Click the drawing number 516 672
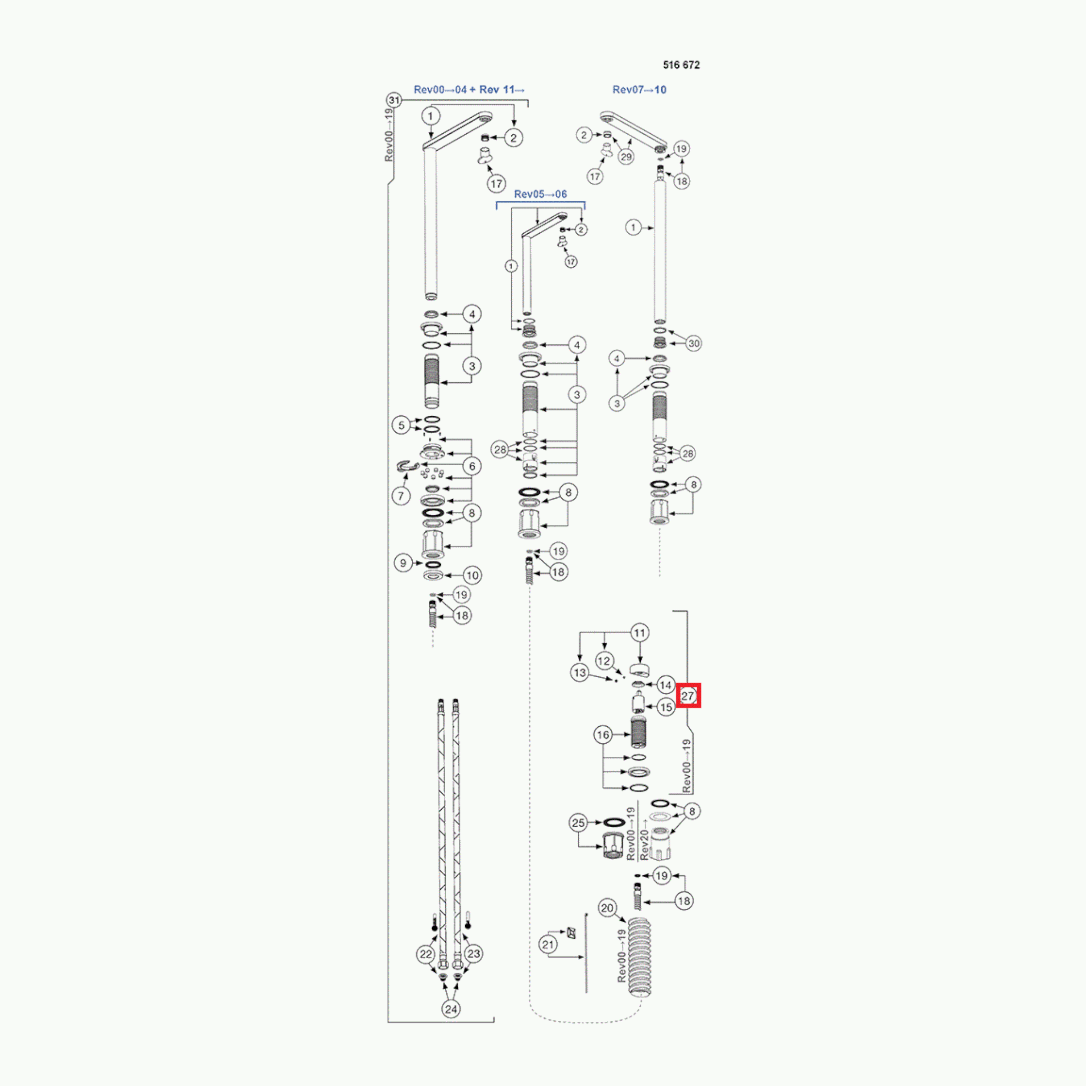click(681, 65)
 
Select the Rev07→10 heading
click(639, 90)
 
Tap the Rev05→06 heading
click(540, 195)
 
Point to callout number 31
click(394, 101)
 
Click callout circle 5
click(401, 425)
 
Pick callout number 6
click(472, 466)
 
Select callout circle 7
click(401, 496)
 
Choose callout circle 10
click(472, 576)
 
